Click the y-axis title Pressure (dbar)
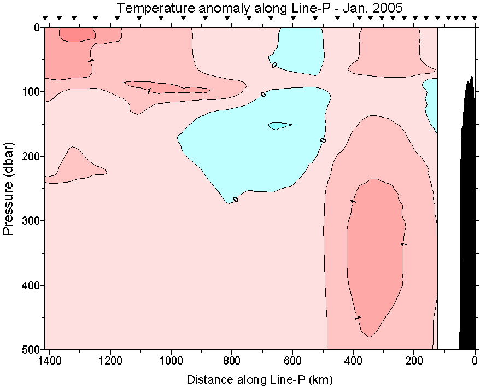pyautogui.click(x=8, y=189)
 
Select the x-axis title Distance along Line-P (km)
pyautogui.click(x=260, y=379)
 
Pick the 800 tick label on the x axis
pyautogui.click(x=232, y=361)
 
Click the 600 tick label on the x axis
pyautogui.click(x=292, y=361)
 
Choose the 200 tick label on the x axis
pyautogui.click(x=414, y=361)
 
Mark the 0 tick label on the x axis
pyautogui.click(x=475, y=361)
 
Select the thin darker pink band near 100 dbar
pyautogui.click(x=164, y=87)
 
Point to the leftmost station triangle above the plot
pyautogui.click(x=45, y=19)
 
